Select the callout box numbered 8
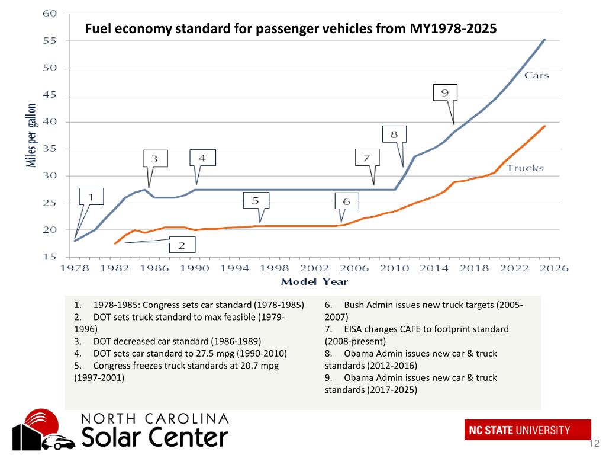(394, 134)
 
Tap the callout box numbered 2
(182, 244)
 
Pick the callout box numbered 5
(255, 201)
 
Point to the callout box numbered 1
(91, 197)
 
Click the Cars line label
(536, 75)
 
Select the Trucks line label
(524, 168)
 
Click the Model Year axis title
(314, 282)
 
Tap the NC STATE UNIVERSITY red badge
(527, 430)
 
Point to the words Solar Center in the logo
(154, 438)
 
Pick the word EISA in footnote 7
(354, 329)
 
